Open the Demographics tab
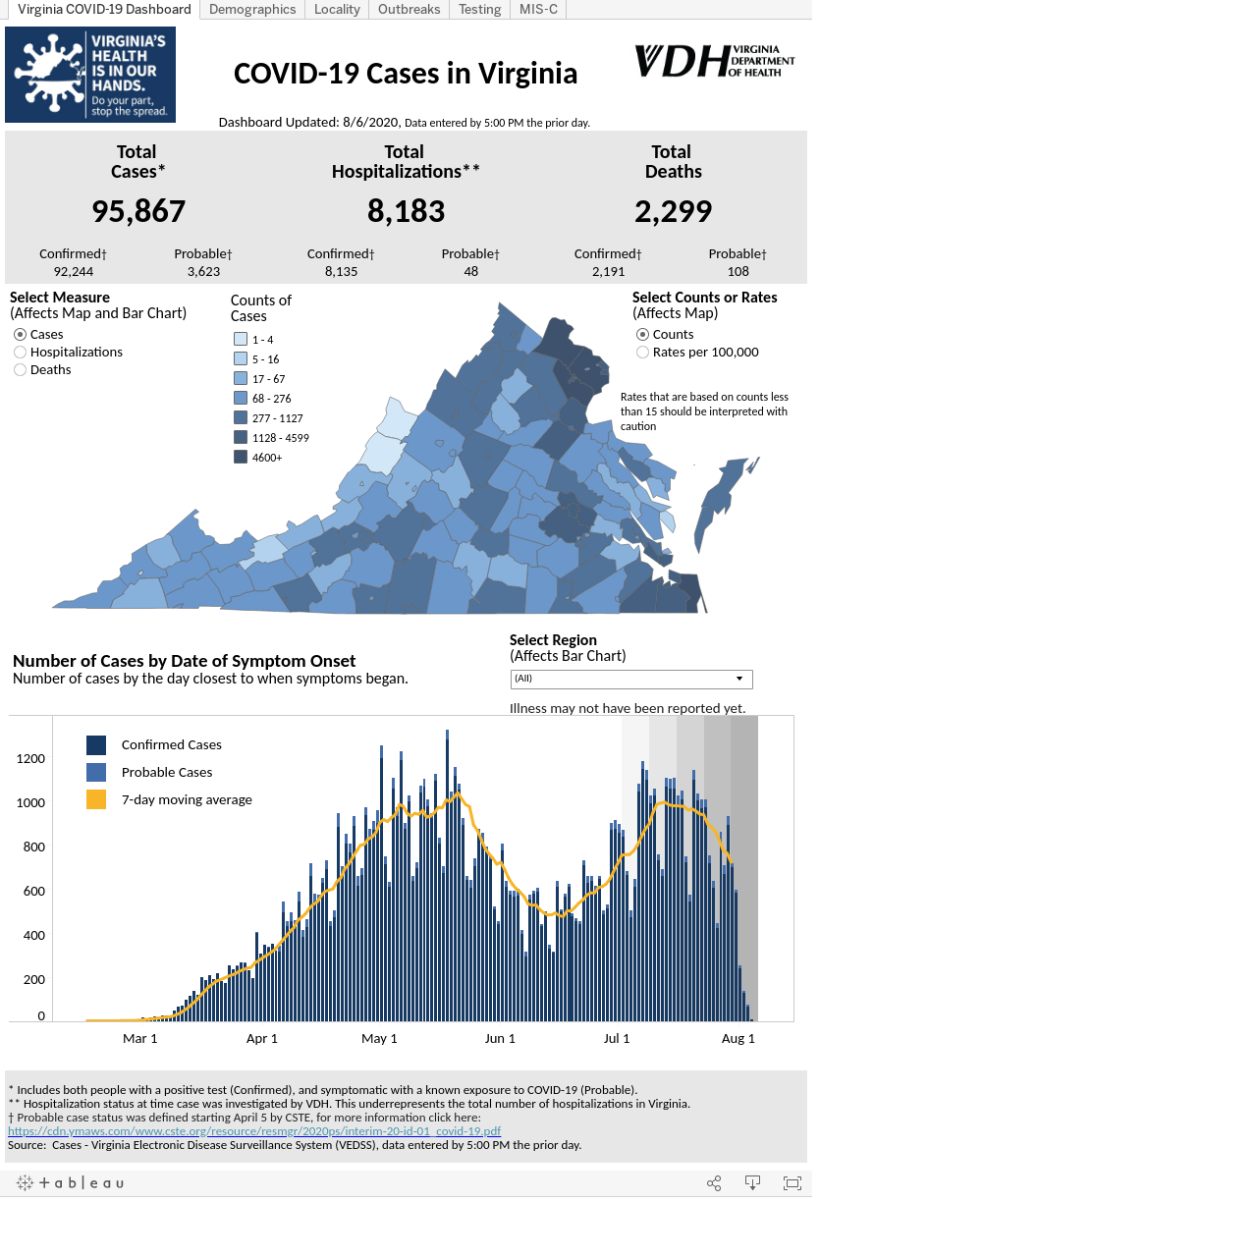click(x=252, y=9)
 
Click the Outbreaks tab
click(x=409, y=9)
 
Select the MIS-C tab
click(x=538, y=9)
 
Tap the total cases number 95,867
click(x=138, y=211)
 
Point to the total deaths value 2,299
click(x=674, y=211)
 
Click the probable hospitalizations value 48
click(x=471, y=271)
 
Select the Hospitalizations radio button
click(x=21, y=353)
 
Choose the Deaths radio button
click(x=21, y=370)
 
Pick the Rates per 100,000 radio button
click(x=642, y=353)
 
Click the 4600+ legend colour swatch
click(x=241, y=458)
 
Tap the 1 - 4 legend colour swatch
click(x=241, y=339)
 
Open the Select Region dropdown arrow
click(x=739, y=679)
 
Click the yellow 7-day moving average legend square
click(x=96, y=799)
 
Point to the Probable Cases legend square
click(x=96, y=772)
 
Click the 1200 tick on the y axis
click(x=30, y=759)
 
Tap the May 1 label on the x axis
click(x=379, y=1038)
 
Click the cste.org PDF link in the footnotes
click(x=254, y=1131)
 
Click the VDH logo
click(x=715, y=61)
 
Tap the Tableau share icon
click(x=714, y=1183)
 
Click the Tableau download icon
click(x=752, y=1183)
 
